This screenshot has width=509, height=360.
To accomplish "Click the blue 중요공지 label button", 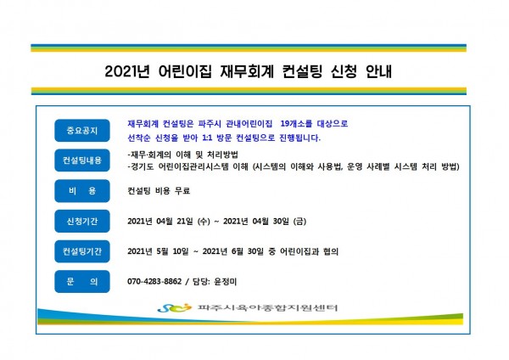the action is point(82,131).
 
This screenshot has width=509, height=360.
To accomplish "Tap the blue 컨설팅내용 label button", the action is point(82,160).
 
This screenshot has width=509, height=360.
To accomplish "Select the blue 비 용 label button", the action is point(82,191).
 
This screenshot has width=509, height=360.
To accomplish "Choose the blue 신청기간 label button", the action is point(82,222).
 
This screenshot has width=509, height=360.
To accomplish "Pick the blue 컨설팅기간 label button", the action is point(82,251).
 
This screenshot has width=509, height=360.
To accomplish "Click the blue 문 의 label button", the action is point(82,281).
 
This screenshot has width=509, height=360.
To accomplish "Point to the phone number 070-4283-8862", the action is point(154,281).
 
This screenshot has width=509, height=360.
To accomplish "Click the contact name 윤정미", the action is point(226,281).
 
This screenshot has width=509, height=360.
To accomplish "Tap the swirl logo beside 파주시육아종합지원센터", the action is point(174,307).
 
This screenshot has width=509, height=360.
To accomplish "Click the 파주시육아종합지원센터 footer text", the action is point(267,307).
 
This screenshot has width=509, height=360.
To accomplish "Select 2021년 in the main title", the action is point(127,71).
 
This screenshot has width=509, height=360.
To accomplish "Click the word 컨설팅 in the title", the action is point(302,71).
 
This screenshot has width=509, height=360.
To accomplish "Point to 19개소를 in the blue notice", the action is point(296,124).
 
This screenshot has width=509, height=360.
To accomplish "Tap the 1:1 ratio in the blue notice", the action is point(207,138).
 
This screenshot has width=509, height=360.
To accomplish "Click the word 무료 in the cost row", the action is point(182,191).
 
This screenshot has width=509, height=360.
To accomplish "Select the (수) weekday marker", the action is point(204,222).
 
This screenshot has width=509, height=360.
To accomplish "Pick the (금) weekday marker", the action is point(299,222).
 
